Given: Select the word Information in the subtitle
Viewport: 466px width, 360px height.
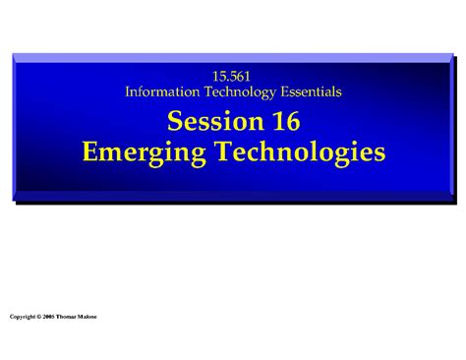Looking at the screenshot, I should [162, 91].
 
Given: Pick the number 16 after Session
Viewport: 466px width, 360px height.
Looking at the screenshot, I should [281, 122].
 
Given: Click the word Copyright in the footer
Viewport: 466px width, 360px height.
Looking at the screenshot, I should [23, 318].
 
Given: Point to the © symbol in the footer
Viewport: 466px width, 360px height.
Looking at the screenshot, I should [41, 318].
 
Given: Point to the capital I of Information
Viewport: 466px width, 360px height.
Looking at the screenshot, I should [129, 91].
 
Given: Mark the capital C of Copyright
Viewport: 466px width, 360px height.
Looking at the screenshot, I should [11, 318].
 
